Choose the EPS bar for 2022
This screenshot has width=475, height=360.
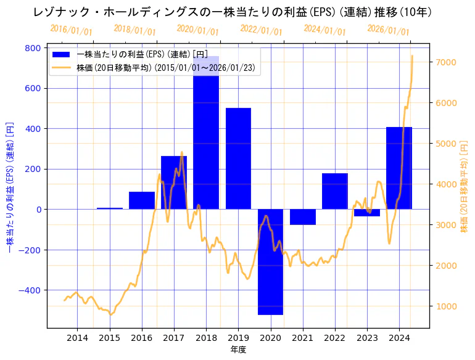334,191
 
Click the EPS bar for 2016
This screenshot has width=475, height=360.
142,200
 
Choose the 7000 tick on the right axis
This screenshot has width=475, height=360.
445,62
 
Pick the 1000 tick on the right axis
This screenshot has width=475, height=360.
445,306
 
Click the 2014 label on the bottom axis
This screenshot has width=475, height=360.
77,338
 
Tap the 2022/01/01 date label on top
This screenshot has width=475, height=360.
261,31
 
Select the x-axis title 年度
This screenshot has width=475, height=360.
238,350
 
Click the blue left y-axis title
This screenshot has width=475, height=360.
10,188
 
